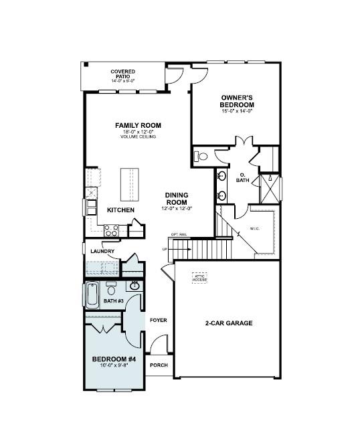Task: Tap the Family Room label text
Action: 138,125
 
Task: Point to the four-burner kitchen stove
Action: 111,229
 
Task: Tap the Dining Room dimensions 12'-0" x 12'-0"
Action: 176,209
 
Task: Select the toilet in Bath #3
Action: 111,290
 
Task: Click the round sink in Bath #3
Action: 134,286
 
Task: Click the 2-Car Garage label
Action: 229,323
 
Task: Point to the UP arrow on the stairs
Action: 165,249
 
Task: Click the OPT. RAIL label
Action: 179,235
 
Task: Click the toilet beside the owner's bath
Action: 201,157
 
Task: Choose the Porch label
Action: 159,365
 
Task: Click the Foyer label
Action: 158,320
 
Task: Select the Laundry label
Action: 102,251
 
